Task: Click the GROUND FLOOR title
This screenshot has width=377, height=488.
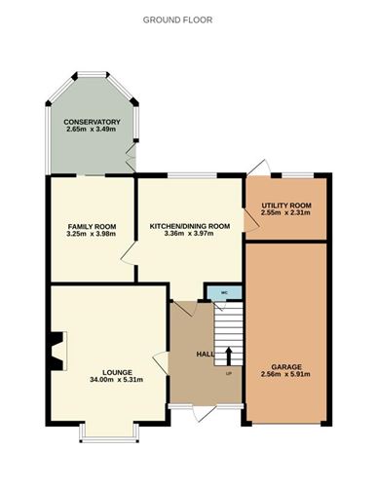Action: point(177,20)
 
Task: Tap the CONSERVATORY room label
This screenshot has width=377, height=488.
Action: point(92,122)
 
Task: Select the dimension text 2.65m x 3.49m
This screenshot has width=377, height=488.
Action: point(92,130)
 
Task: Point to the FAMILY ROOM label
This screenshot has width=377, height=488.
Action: point(92,227)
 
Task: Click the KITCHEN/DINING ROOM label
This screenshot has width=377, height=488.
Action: point(190,226)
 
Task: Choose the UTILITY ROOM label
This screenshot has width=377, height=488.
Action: point(286,206)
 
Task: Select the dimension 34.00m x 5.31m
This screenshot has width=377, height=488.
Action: point(117,380)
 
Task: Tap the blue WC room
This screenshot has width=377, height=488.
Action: point(224,293)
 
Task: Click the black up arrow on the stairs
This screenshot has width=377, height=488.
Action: point(229,357)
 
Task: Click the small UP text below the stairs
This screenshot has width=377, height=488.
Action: point(229,374)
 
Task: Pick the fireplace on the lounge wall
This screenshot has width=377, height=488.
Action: point(58,351)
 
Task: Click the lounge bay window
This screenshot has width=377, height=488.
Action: point(109,432)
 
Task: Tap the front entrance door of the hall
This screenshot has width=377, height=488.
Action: point(205,413)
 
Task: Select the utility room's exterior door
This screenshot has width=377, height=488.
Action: point(259,168)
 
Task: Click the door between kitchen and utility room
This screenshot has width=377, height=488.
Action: point(250,220)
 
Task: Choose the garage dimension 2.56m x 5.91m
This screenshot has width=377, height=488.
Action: point(285,374)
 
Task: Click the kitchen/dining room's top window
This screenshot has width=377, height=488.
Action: point(192,175)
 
